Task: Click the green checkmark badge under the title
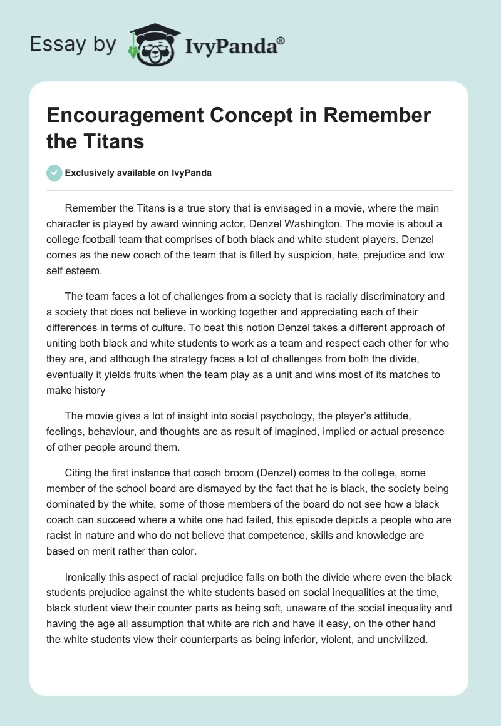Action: (x=55, y=173)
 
